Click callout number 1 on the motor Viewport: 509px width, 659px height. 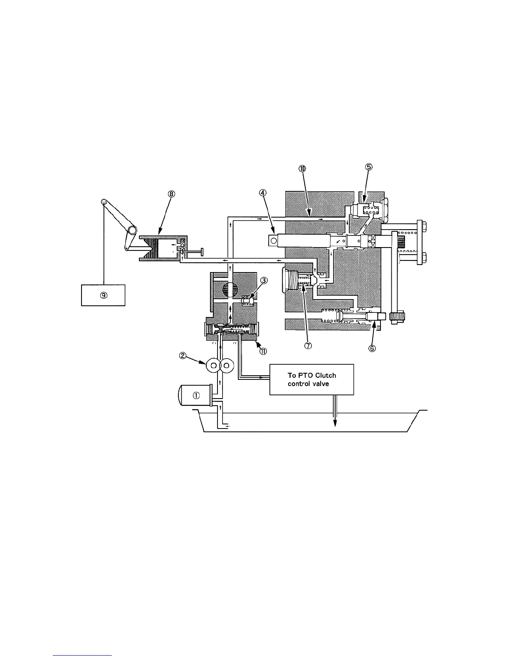(196, 396)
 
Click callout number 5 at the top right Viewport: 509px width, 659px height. (369, 166)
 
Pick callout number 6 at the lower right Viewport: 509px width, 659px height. (372, 348)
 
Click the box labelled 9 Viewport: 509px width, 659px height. (103, 295)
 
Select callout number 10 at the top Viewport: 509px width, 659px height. (302, 168)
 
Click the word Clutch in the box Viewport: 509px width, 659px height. (326, 375)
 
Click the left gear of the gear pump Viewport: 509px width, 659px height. (213, 365)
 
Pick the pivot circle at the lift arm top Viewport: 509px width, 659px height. (104, 202)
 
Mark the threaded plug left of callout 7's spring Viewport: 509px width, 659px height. (289, 278)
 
